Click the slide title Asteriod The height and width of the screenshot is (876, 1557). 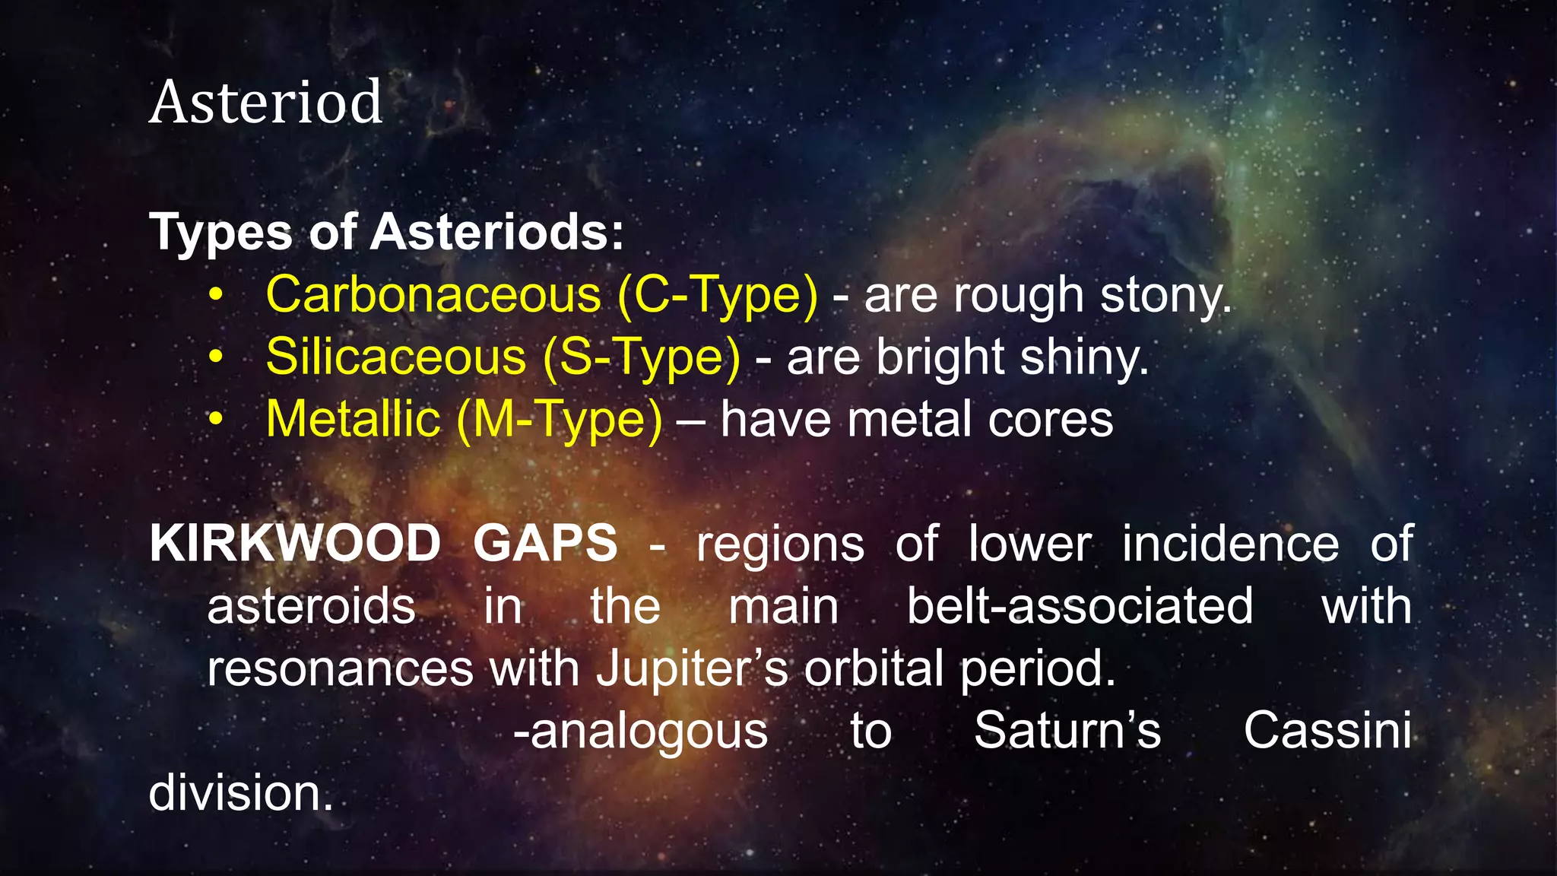pos(265,102)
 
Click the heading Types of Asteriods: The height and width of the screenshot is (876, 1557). pos(386,232)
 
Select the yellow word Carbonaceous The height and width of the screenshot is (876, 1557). pos(433,295)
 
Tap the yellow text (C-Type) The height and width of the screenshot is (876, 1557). pos(718,295)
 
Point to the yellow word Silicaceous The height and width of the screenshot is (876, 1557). pos(396,357)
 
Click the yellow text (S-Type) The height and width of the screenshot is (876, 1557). pos(642,357)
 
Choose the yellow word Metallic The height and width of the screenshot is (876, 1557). pos(353,420)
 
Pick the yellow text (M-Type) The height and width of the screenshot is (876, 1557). pos(560,420)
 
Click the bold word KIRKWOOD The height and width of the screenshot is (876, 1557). pos(295,544)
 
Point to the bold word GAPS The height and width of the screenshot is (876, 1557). pos(545,544)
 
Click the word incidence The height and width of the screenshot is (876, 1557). pos(1230,544)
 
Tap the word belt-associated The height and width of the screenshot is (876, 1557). pos(1080,607)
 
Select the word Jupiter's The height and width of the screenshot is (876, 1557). pos(691,669)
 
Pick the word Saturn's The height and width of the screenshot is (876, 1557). pos(1067,731)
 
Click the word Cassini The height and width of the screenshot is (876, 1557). pos(1327,731)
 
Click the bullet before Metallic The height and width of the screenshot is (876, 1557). pos(217,419)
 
